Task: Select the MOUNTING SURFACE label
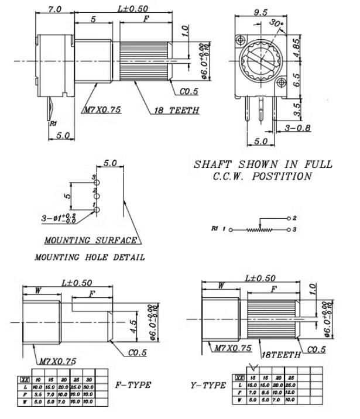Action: coord(91,240)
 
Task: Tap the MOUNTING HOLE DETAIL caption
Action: coord(90,257)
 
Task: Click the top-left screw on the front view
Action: coord(240,40)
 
